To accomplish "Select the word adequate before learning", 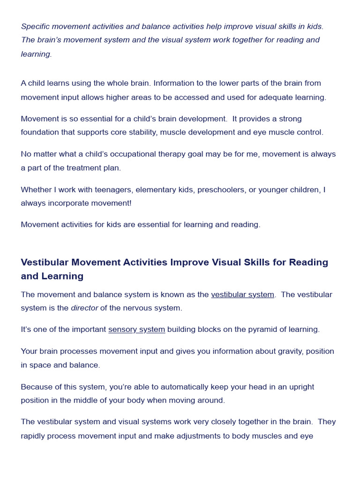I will click(272, 97).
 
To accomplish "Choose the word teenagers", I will click(112, 190).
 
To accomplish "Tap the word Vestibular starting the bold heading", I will click(45, 262).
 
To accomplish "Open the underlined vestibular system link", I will click(242, 295).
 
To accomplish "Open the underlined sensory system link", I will click(136, 330).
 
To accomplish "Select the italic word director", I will click(84, 308).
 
